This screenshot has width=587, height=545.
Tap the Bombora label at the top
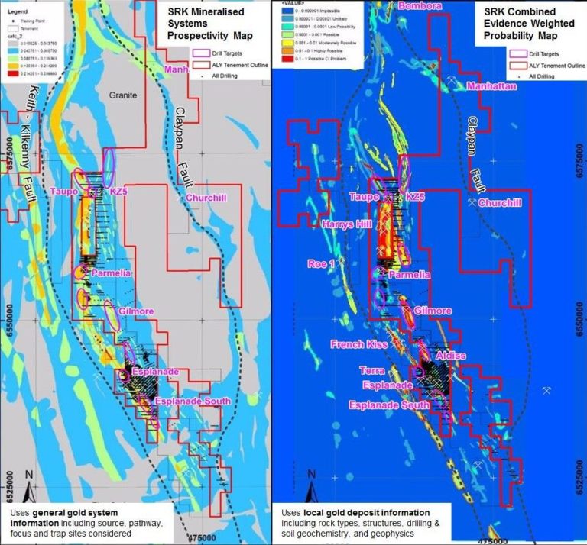(419, 7)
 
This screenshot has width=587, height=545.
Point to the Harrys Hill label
(327, 224)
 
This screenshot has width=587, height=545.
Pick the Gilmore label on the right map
(433, 311)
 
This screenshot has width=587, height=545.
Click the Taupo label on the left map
(64, 191)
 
